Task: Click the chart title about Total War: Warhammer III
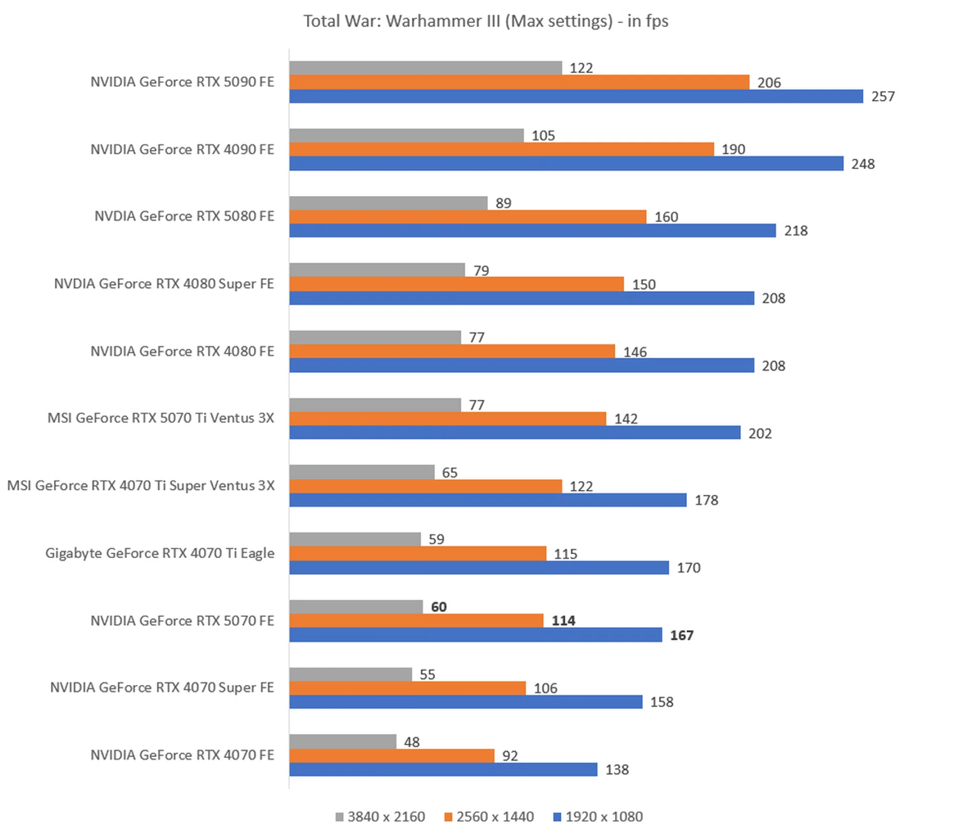(486, 21)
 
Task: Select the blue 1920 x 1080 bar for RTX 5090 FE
(576, 96)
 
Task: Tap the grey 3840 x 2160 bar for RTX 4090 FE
(406, 135)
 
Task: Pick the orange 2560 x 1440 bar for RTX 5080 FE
(467, 217)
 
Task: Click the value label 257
(883, 96)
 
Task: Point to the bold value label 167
(681, 635)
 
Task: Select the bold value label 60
(439, 607)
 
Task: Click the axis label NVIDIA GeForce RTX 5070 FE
(182, 620)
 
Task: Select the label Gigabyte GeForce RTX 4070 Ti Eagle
(160, 553)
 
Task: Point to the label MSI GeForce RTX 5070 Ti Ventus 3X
(161, 418)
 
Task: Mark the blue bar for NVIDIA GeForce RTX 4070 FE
(443, 769)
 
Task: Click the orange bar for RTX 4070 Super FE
(407, 688)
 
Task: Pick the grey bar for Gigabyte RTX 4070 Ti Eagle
(355, 539)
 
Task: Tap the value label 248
(863, 164)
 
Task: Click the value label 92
(510, 755)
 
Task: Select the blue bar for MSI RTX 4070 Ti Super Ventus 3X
(488, 500)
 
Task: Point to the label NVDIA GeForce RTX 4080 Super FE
(164, 284)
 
